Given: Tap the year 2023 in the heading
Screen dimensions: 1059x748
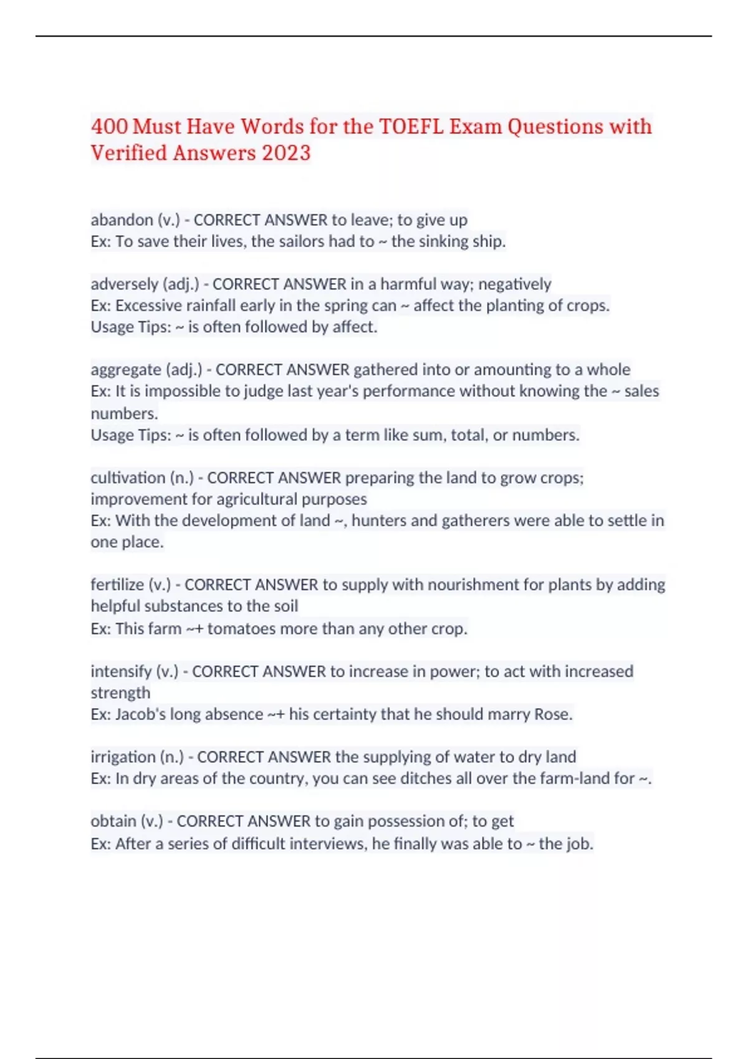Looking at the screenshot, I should point(286,153).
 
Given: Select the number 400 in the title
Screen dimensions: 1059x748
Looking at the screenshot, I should point(109,126).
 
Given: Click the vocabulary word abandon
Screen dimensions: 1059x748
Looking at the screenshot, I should point(122,220).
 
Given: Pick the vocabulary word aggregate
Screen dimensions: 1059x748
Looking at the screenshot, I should point(126,369).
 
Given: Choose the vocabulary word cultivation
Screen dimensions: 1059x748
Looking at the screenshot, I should point(128,478).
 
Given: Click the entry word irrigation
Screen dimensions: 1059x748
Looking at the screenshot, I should point(122,757).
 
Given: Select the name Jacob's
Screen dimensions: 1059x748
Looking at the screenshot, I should point(140,715).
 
